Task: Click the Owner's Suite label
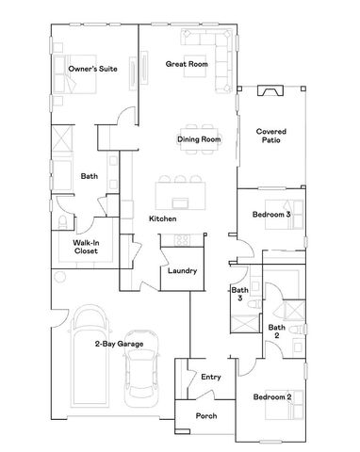point(91,69)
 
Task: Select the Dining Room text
point(198,140)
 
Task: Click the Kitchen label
point(162,219)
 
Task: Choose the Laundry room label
point(182,271)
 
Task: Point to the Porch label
point(206,415)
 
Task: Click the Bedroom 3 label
point(270,216)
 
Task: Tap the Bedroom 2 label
point(270,396)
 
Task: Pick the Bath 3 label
point(239,295)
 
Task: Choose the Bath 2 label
point(275,331)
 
